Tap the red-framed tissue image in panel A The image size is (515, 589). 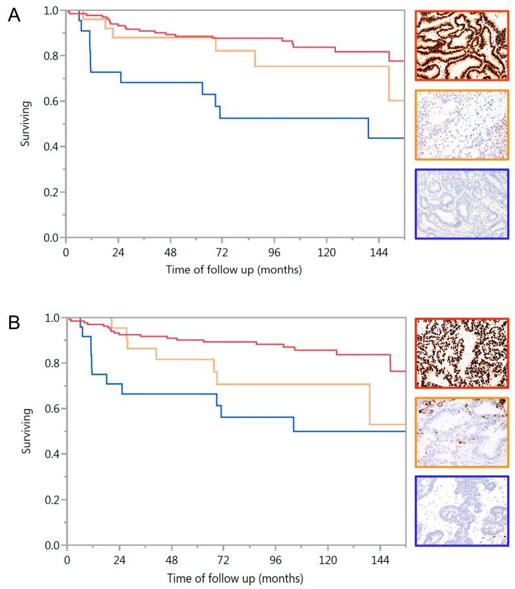(x=461, y=45)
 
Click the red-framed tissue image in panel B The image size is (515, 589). (x=461, y=353)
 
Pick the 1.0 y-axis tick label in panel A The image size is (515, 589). (x=51, y=11)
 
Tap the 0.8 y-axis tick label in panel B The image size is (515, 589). (x=51, y=363)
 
